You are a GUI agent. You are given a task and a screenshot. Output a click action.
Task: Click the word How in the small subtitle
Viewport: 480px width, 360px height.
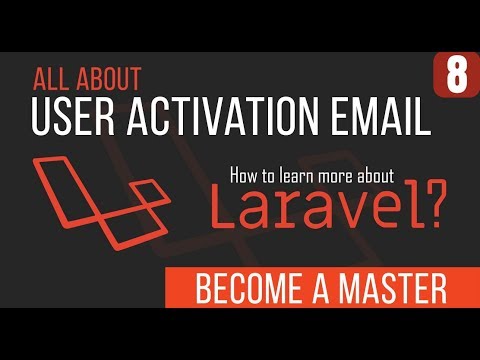tap(246, 175)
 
